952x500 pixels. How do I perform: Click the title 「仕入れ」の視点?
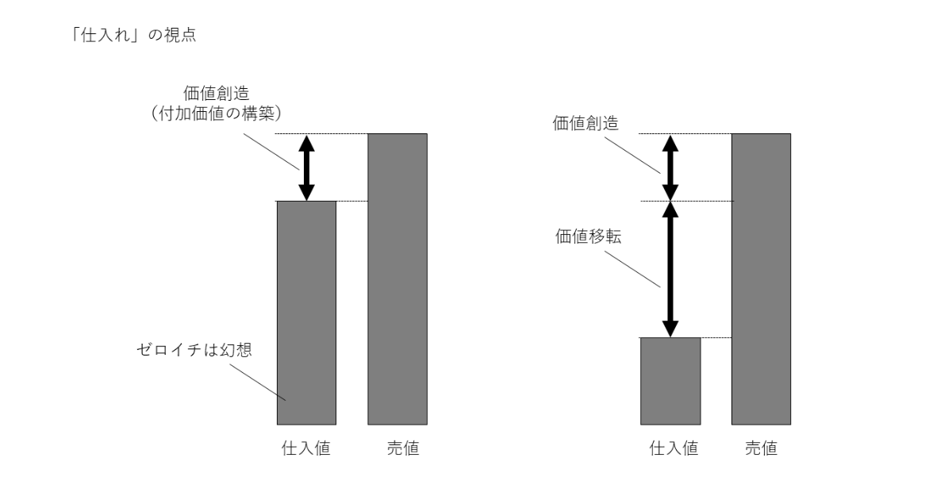tap(132, 35)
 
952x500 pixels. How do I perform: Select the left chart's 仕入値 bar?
tap(306, 313)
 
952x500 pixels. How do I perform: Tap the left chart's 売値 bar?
tap(397, 279)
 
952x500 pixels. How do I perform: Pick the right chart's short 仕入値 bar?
tap(670, 381)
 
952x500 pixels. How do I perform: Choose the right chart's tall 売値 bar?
tap(761, 279)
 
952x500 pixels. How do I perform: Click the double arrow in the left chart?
tap(306, 167)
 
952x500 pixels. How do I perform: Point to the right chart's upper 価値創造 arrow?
tap(670, 167)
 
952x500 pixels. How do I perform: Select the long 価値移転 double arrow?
tap(670, 269)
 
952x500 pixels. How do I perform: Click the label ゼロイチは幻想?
tap(194, 350)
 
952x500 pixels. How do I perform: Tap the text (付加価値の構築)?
tap(216, 113)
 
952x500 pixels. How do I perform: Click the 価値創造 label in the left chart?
tap(217, 93)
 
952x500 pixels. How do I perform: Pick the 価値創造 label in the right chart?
tap(585, 123)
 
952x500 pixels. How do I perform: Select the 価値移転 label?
tap(589, 237)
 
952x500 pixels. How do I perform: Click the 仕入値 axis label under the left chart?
tap(306, 448)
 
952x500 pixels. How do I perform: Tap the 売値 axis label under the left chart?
tap(403, 448)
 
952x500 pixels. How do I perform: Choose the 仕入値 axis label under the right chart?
tap(674, 448)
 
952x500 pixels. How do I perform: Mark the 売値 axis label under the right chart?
tap(761, 448)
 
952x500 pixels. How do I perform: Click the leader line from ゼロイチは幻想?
tap(258, 383)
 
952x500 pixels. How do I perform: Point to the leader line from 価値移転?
tap(632, 269)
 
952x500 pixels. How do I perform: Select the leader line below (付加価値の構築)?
tap(271, 152)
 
